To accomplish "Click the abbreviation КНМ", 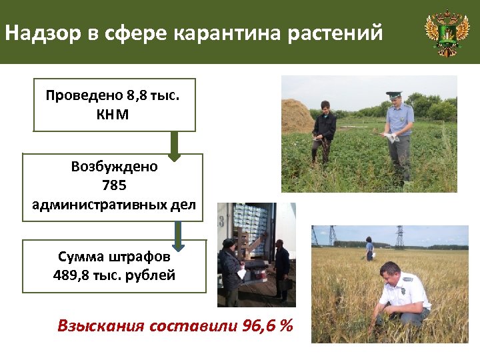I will coord(113,115).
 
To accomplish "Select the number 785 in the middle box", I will coord(114,185).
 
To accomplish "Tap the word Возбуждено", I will coord(114,167).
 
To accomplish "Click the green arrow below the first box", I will coord(175,146).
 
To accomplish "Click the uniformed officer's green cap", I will coord(393,95).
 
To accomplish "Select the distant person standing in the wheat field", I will coord(369,247).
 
